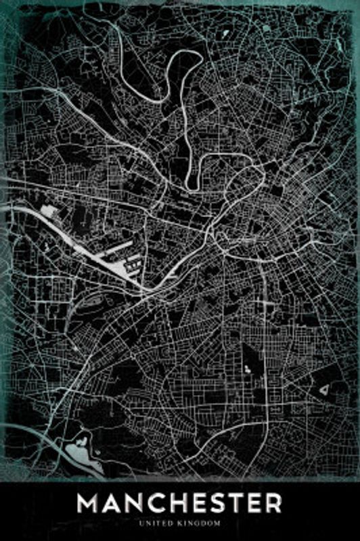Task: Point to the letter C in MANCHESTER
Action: point(162,504)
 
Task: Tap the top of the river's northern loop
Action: point(183,56)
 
